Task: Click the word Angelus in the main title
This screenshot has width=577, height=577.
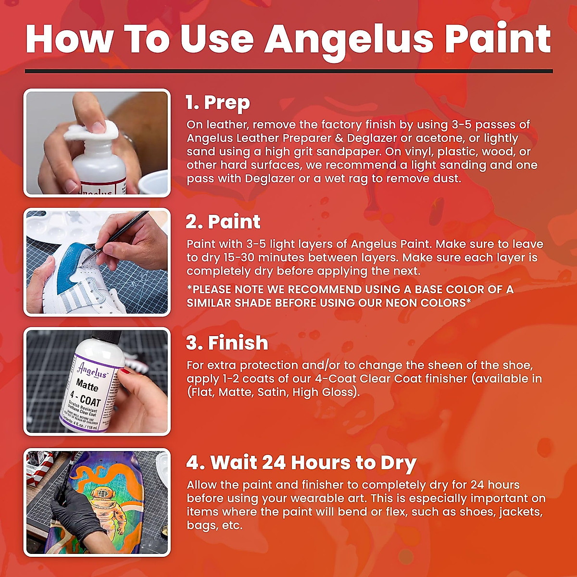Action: (x=349, y=39)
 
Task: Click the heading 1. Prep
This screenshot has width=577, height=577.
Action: (x=218, y=102)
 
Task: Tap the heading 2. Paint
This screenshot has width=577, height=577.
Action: (x=223, y=222)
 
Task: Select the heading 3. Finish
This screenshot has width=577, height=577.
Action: (x=227, y=343)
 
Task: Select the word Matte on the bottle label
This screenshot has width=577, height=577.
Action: (x=88, y=386)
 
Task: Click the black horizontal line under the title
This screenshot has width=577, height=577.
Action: (x=288, y=71)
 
